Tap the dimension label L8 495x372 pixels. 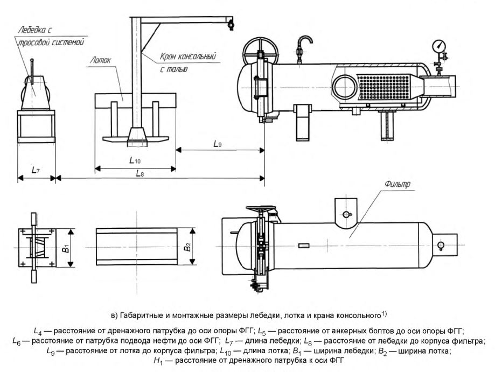click(x=140, y=173)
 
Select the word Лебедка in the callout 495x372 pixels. click(x=32, y=31)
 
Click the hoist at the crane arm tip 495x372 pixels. click(x=232, y=23)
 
